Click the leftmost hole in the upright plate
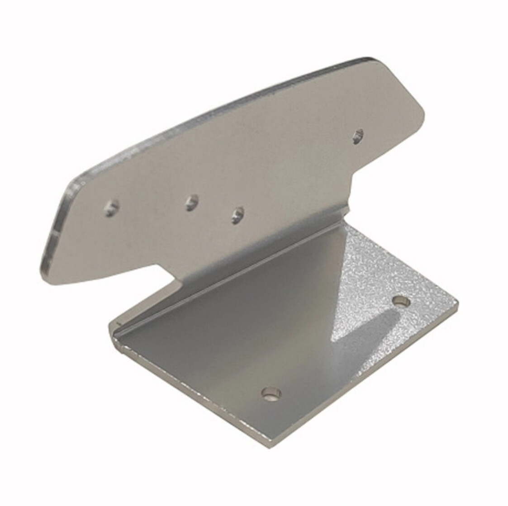coord(111,208)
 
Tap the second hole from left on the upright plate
coord(192,202)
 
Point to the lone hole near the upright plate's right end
coord(358,136)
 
